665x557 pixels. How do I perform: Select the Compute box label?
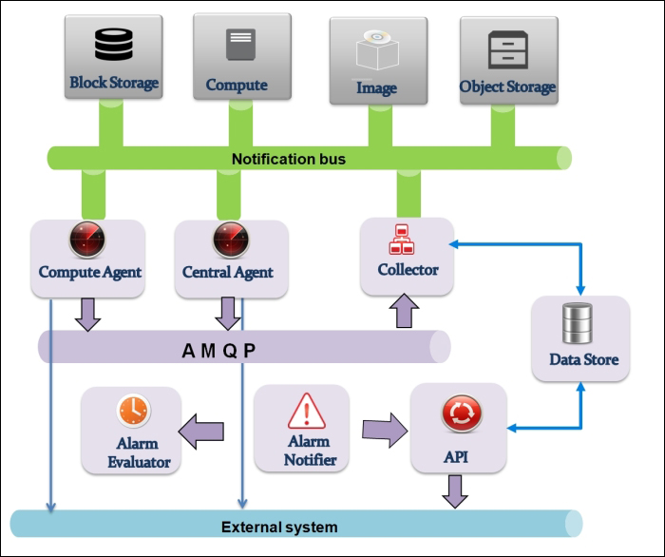click(237, 85)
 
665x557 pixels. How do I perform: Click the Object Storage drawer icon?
click(507, 48)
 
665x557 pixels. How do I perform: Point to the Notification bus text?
click(289, 159)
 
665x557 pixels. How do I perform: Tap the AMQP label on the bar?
click(218, 349)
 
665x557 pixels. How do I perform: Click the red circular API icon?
click(461, 414)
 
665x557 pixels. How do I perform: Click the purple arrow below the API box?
click(454, 490)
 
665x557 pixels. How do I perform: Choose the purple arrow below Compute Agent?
click(87, 312)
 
